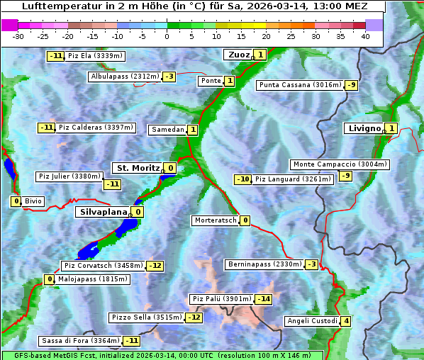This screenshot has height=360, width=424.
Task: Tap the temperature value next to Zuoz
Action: click(x=260, y=55)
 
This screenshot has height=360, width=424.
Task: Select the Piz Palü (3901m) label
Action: click(x=221, y=299)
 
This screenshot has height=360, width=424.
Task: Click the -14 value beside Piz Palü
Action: click(x=264, y=299)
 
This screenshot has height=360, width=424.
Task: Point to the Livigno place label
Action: click(x=364, y=128)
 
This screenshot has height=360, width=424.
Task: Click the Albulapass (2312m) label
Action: click(x=124, y=77)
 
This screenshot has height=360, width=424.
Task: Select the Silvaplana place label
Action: click(x=103, y=211)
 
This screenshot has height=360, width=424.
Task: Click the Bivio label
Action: click(x=33, y=201)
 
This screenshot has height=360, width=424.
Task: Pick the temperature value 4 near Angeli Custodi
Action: click(x=346, y=321)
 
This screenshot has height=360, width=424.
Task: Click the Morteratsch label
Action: click(x=215, y=220)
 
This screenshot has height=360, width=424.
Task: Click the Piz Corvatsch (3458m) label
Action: click(x=102, y=266)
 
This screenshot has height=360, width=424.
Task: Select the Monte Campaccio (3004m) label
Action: click(x=340, y=164)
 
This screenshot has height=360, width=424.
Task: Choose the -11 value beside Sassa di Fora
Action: click(x=131, y=341)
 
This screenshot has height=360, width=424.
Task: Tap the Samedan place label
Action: click(x=167, y=130)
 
